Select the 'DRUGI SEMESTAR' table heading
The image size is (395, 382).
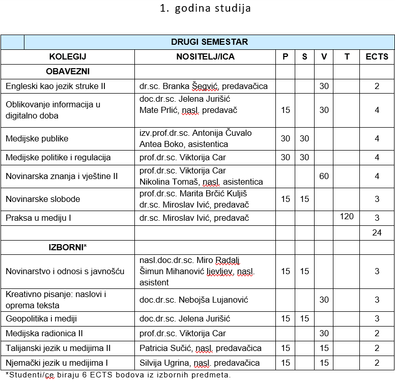(209, 42)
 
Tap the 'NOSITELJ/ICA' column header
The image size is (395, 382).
(205, 56)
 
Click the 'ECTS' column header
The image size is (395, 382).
(377, 56)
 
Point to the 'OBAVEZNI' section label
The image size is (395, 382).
(68, 71)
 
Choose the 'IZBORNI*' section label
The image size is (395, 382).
(68, 247)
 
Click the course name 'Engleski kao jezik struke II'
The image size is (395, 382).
(55, 86)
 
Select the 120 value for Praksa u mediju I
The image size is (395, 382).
(347, 217)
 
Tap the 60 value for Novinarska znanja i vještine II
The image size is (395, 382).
(324, 176)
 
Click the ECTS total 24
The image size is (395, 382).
(377, 233)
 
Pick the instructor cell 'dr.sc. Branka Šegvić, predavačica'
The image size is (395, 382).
(204, 86)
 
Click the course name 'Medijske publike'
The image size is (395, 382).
(37, 138)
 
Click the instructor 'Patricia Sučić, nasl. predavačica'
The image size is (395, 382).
(201, 348)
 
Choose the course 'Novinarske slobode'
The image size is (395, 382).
(43, 199)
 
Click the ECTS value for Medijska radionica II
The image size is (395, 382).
(377, 334)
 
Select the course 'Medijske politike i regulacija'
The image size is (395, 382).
(58, 157)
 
